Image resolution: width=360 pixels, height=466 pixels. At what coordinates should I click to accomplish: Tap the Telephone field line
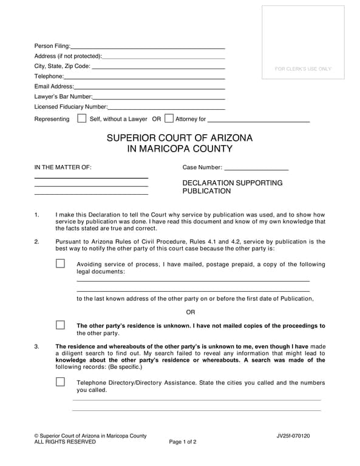(144, 77)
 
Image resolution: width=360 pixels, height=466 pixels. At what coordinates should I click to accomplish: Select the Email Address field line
(149, 87)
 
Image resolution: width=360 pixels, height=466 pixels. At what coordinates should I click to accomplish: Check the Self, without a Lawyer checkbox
(82, 119)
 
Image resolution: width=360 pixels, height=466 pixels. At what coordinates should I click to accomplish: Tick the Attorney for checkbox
(169, 119)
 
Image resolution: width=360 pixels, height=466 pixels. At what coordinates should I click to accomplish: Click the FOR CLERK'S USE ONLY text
(303, 69)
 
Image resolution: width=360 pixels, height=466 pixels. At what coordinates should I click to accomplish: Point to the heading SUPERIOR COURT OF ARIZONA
(180, 138)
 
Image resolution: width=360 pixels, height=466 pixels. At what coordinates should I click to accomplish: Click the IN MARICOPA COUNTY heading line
(180, 149)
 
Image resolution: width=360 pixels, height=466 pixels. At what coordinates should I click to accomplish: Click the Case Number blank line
(256, 168)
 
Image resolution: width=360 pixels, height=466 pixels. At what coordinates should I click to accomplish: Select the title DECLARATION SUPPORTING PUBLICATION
(233, 187)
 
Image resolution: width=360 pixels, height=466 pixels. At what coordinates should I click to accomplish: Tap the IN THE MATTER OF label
(63, 167)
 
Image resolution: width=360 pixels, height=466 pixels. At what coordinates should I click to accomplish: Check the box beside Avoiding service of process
(60, 264)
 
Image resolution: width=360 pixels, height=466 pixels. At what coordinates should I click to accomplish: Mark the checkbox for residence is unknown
(60, 325)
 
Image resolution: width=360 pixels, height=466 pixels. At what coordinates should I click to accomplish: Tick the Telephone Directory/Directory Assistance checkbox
(60, 382)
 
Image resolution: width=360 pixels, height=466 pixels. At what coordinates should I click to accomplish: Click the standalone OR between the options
(191, 312)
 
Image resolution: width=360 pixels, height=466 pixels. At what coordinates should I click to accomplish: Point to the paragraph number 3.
(37, 346)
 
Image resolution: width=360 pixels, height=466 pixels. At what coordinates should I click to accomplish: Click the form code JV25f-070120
(293, 436)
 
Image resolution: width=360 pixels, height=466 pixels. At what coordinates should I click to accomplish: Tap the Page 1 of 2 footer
(183, 442)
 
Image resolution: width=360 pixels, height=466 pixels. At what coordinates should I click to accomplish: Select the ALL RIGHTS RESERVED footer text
(65, 442)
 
